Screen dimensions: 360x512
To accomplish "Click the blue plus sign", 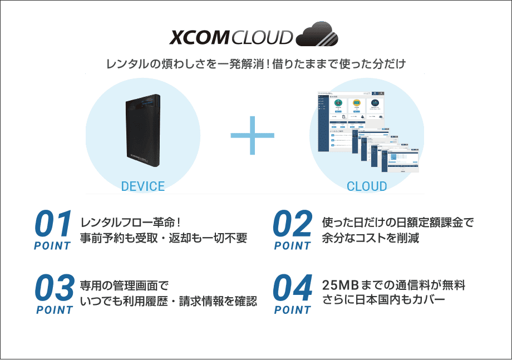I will [253, 135].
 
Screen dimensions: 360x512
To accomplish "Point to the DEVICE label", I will [143, 186].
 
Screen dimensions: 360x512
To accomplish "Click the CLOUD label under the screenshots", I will [367, 186].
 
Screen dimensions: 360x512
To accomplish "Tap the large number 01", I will [53, 224].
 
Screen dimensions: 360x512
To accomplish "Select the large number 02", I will [293, 224].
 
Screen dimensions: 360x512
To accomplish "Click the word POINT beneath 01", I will [52, 245].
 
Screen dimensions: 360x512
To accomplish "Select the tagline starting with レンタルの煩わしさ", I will [255, 64].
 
